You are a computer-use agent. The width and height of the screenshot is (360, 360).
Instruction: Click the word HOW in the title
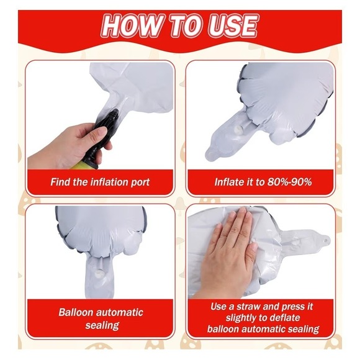click(x=130, y=25)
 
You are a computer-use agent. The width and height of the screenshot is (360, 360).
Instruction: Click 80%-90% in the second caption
click(x=289, y=182)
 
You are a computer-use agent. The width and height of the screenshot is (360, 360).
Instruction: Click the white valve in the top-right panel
click(x=238, y=130)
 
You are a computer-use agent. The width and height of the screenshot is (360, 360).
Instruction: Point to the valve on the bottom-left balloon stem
click(x=99, y=273)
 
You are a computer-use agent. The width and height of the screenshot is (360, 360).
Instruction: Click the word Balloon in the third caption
click(x=75, y=312)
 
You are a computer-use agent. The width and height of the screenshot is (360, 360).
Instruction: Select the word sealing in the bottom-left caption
click(x=102, y=326)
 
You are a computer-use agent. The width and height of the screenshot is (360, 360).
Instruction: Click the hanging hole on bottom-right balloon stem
click(x=325, y=240)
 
